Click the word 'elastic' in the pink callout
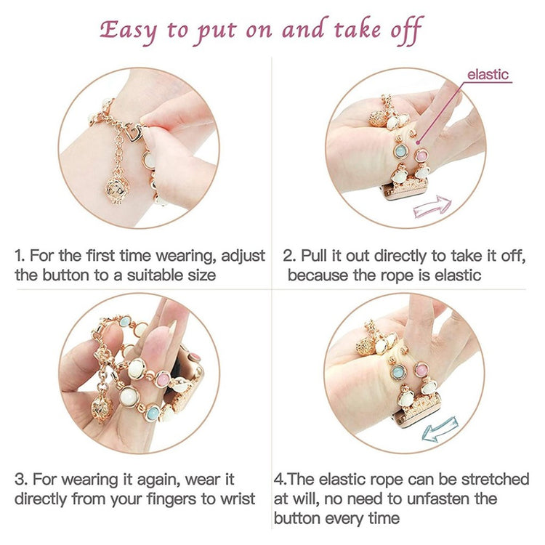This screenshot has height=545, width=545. pyautogui.click(x=488, y=74)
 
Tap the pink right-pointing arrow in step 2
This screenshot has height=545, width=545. pyautogui.click(x=432, y=206)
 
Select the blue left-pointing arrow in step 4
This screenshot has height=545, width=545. pyautogui.click(x=439, y=429)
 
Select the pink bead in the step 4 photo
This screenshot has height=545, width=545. pyautogui.click(x=421, y=370)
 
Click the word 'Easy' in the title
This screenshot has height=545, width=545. pyautogui.click(x=128, y=31)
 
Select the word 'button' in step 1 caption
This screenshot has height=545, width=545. pyautogui.click(x=66, y=275)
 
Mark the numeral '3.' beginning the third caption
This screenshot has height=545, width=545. pyautogui.click(x=21, y=480)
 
